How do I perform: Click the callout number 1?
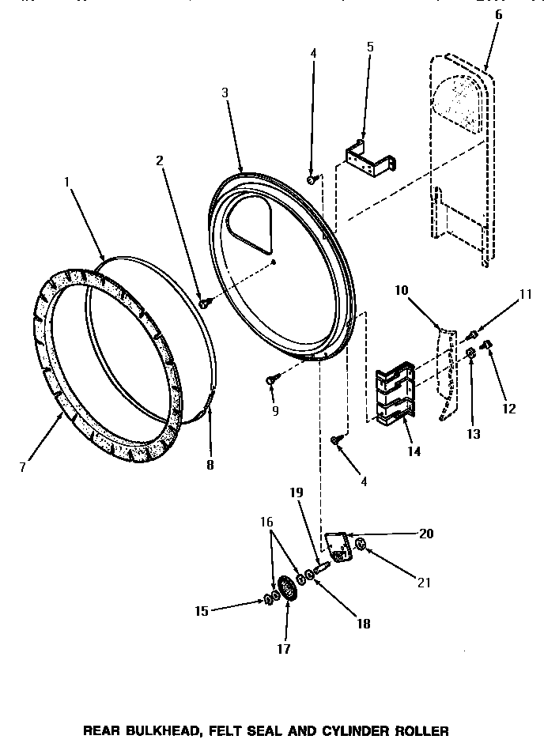pyautogui.click(x=67, y=182)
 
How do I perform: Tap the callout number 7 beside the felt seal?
pyautogui.click(x=23, y=466)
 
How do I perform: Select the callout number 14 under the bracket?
pyautogui.click(x=414, y=452)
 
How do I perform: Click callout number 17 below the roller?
pyautogui.click(x=283, y=649)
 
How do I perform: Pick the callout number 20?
pyautogui.click(x=426, y=534)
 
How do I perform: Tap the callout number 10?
pyautogui.click(x=402, y=290)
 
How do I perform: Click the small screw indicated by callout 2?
pyautogui.click(x=204, y=302)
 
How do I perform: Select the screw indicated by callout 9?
pyautogui.click(x=271, y=381)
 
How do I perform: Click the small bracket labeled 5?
pyautogui.click(x=368, y=157)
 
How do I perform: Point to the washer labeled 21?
pyautogui.click(x=361, y=544)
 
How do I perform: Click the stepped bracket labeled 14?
pyautogui.click(x=395, y=390)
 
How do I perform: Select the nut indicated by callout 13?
pyautogui.click(x=470, y=353)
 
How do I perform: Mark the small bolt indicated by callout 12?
pyautogui.click(x=488, y=345)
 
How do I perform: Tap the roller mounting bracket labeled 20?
pyautogui.click(x=338, y=548)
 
